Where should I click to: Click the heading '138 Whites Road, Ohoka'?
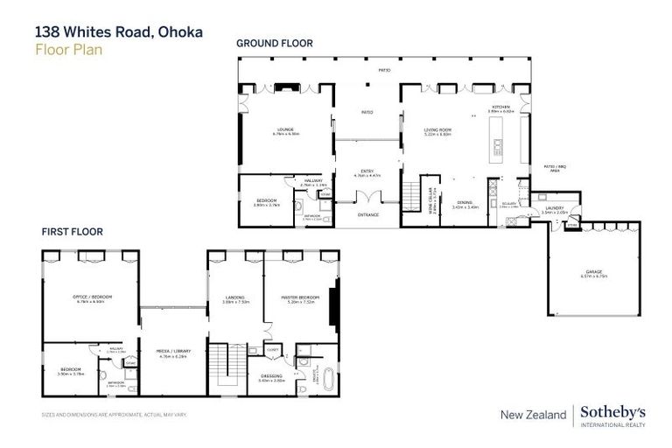[119, 31]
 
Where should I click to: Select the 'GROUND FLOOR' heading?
[274, 43]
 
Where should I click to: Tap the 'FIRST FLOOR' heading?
[73, 232]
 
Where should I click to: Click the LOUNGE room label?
[286, 131]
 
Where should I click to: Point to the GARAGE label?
[594, 272]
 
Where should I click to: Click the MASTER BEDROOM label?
[297, 297]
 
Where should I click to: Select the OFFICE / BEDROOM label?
[92, 297]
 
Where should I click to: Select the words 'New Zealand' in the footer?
[533, 415]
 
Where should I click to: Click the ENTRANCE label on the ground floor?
[367, 213]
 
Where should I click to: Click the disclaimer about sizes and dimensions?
[115, 414]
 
